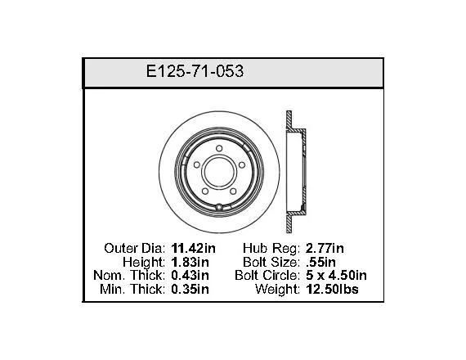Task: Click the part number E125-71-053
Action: (x=195, y=71)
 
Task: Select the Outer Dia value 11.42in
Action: (x=194, y=248)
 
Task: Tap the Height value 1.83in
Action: (x=190, y=262)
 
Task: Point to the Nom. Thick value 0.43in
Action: (x=190, y=275)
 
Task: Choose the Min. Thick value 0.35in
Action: (x=190, y=289)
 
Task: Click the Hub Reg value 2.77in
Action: (x=325, y=248)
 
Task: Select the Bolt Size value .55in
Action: (x=320, y=262)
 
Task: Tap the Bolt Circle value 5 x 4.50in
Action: (x=336, y=275)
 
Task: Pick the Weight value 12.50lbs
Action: (x=332, y=289)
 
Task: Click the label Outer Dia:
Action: (x=135, y=248)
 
